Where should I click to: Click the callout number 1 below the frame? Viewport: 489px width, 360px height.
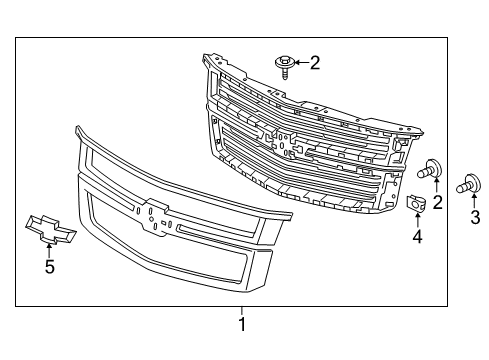coord(241,325)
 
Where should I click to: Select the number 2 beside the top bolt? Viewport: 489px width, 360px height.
coord(315,64)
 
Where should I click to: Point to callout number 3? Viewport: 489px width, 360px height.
coord(474,218)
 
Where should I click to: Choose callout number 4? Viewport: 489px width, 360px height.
coord(417,238)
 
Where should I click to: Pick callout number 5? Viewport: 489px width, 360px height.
coord(48,267)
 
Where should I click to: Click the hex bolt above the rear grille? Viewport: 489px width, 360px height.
coord(285,66)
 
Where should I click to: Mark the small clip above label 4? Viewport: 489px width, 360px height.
coord(417,203)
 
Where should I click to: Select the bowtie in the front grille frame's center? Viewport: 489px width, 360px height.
coord(155,214)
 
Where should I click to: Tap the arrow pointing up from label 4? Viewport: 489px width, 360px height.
coord(417,222)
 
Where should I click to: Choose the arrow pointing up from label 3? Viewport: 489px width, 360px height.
coord(474,203)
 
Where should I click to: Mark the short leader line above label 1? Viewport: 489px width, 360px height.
coord(241,310)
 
